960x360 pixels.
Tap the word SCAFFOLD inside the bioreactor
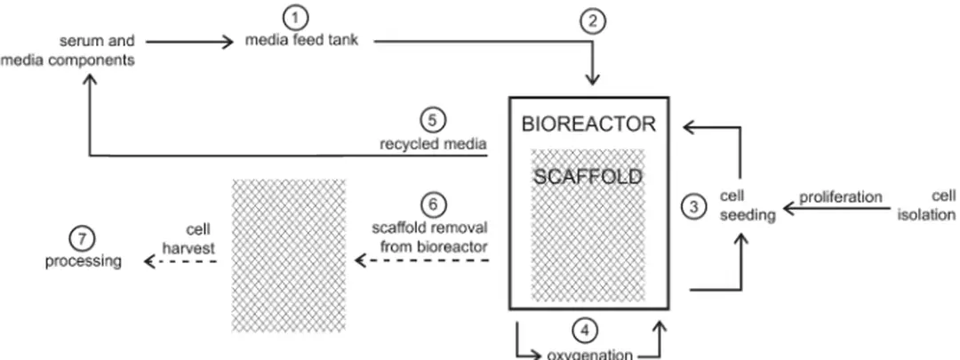[x=588, y=177]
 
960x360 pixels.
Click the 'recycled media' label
[x=429, y=143]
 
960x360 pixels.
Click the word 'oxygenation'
[x=588, y=354]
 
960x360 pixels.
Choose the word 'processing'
[x=84, y=261]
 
